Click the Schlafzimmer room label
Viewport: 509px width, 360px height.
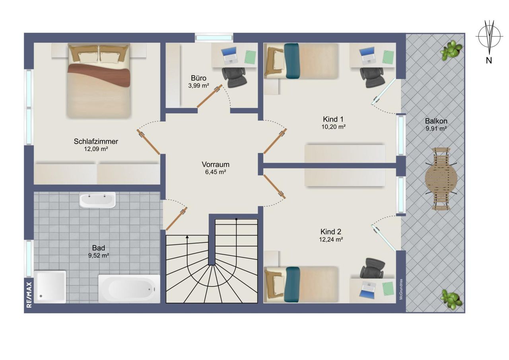coord(96,141)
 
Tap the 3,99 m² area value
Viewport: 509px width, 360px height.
coord(198,86)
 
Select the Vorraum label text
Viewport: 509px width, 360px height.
coord(216,164)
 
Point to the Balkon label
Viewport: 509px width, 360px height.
coord(436,121)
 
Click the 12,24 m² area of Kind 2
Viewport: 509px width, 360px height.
coord(331,239)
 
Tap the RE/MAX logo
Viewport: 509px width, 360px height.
coord(29,295)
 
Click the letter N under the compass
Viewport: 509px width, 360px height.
coord(489,60)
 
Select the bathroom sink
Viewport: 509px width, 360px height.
coord(97,200)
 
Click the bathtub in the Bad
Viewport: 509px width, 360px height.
coord(129,289)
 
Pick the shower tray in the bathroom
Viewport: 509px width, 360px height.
coord(50,287)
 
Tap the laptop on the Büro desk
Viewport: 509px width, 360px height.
coord(229,56)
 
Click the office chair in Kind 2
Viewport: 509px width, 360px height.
coord(373,268)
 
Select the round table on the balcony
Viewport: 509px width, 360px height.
coord(441,179)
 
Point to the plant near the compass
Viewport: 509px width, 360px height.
coord(451,50)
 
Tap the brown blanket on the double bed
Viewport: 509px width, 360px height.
coord(99,74)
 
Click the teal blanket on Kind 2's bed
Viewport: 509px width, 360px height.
coord(293,285)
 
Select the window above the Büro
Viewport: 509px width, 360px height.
coord(214,38)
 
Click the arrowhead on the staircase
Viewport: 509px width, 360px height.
coord(187,237)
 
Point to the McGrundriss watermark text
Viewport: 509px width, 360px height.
coord(401,289)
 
